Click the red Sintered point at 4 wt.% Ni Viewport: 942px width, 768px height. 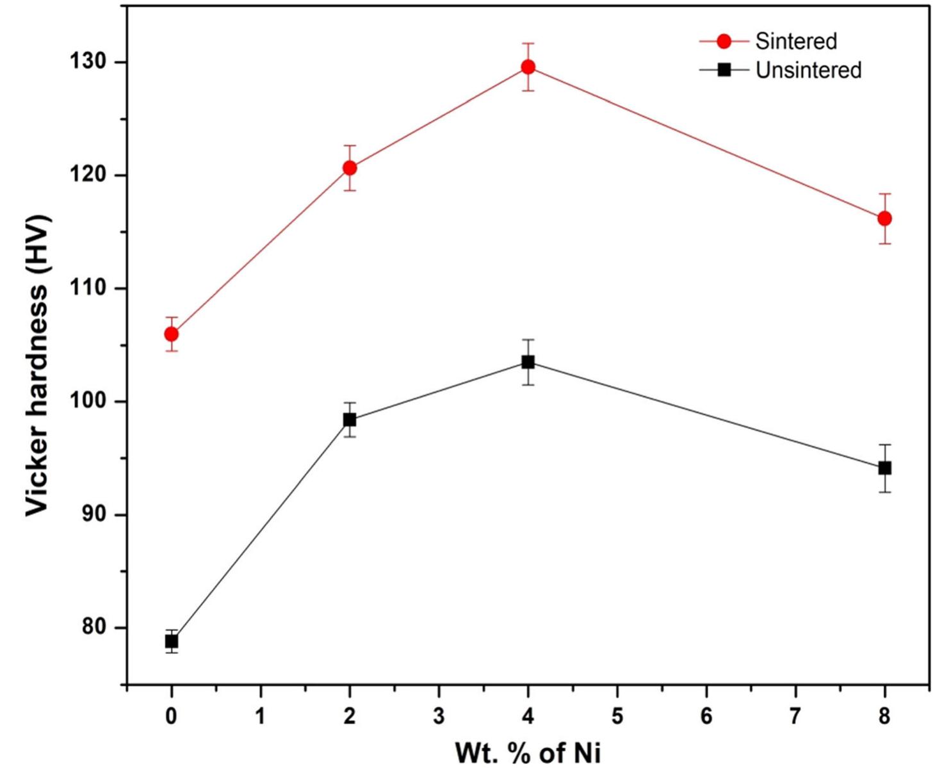coord(528,67)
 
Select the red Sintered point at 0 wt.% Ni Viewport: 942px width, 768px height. coord(171,334)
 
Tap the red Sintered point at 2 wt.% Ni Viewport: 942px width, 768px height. coord(350,168)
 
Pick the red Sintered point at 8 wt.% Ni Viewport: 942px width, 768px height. coord(884,218)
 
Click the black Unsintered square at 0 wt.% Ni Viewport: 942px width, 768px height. coord(171,641)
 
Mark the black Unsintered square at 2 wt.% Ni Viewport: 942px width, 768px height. coord(350,420)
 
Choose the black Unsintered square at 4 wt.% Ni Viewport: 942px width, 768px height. coord(528,362)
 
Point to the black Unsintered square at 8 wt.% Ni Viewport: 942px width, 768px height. coord(884,468)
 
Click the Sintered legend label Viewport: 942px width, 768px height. coord(796,41)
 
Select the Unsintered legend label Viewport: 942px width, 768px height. coord(808,70)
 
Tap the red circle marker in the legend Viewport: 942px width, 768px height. coord(724,41)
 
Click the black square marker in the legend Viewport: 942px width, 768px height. coord(724,70)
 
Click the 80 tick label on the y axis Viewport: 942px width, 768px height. coord(93,627)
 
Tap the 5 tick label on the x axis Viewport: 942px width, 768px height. coord(617,715)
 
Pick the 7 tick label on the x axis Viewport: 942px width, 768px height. coord(795,715)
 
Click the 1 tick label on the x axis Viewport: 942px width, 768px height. coord(261,715)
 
